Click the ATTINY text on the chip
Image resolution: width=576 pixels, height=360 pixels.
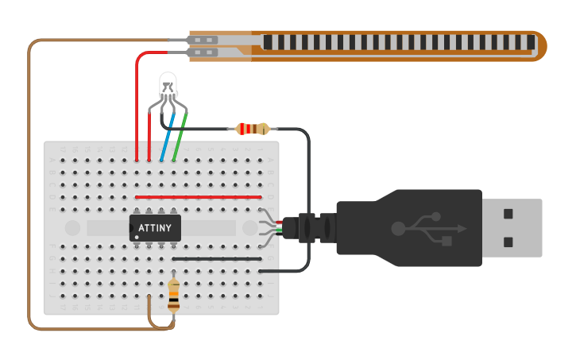point(155,228)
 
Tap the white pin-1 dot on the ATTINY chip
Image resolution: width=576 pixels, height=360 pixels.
point(137,237)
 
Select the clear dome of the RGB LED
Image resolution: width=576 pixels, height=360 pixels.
point(168,83)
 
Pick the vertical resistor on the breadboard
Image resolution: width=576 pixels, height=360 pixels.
point(174,295)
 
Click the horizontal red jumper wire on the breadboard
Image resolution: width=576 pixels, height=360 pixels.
point(199,197)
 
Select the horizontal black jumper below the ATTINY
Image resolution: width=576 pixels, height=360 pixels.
point(217,258)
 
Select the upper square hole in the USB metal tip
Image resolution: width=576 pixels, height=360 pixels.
point(508,213)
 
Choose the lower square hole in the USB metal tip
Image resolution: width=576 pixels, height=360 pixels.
point(508,242)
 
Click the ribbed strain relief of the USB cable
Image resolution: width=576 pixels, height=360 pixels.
point(315,228)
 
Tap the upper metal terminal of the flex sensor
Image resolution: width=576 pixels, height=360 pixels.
point(204,40)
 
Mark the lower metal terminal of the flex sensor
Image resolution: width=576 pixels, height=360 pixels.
point(204,53)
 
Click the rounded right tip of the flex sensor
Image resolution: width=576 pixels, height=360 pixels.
point(540,46)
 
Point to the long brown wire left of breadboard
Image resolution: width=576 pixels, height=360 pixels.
point(29,183)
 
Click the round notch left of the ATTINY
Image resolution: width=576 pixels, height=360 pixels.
point(72,228)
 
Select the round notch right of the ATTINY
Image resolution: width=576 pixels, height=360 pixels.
point(249,228)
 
